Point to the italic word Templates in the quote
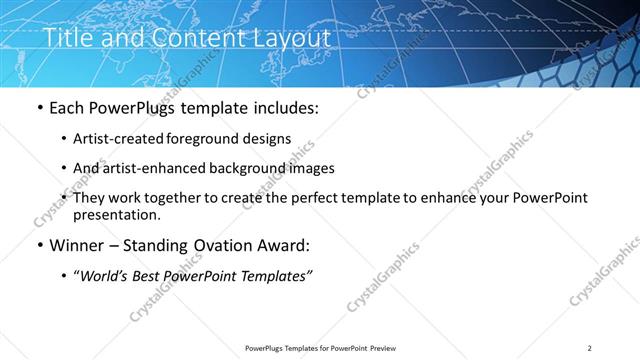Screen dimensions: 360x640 278,276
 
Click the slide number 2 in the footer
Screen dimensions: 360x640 590,348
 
